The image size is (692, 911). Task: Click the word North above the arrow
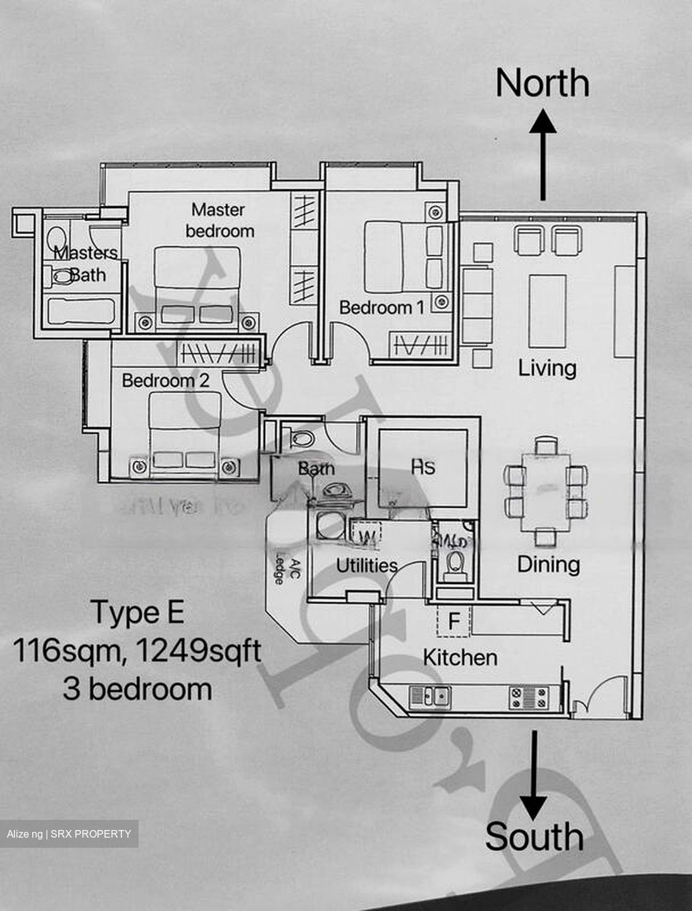(x=542, y=83)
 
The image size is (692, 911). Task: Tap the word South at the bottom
(x=534, y=836)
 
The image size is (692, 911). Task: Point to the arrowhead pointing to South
(x=534, y=807)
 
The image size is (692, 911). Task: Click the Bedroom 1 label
(x=381, y=307)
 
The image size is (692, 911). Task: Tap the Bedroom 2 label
(x=165, y=380)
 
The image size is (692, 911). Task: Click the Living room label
(x=547, y=368)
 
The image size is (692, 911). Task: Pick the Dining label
(x=548, y=564)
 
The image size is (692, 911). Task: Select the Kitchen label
(x=460, y=657)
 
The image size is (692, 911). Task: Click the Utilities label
(x=366, y=565)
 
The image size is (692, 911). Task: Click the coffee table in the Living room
(x=547, y=311)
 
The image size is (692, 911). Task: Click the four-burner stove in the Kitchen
(x=529, y=697)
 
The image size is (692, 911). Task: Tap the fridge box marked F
(x=454, y=621)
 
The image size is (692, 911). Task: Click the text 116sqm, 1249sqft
(x=137, y=650)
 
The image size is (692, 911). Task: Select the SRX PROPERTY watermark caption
(x=69, y=834)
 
